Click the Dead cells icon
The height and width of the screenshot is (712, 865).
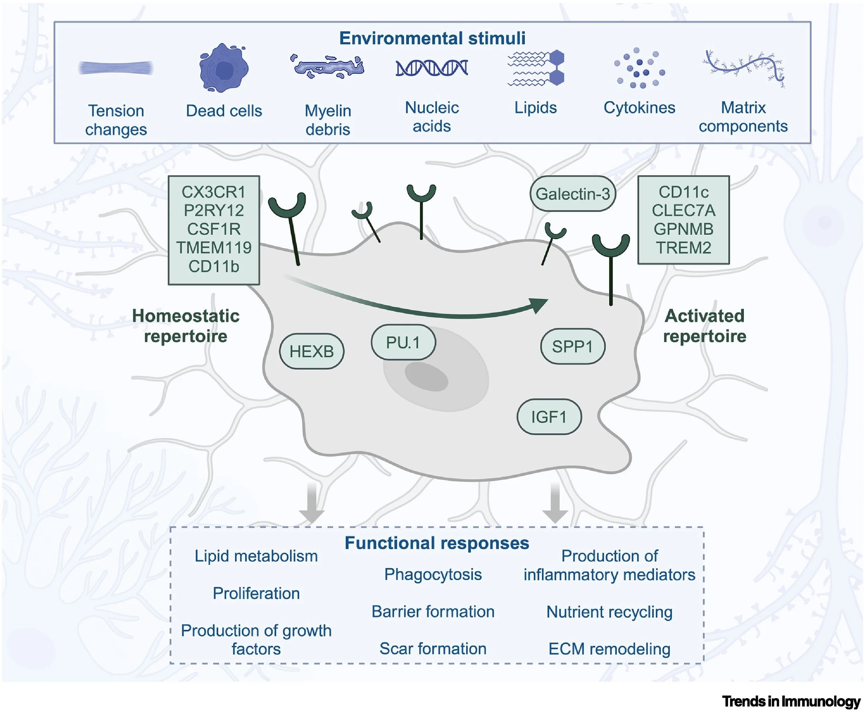pyautogui.click(x=224, y=68)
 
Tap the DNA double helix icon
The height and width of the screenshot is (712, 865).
pyautogui.click(x=432, y=68)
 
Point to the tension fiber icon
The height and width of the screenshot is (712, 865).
pyautogui.click(x=116, y=68)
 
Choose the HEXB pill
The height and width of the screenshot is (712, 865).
pyautogui.click(x=311, y=351)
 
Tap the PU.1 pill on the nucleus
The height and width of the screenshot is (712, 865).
pyautogui.click(x=403, y=342)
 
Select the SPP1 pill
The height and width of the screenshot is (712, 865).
pyautogui.click(x=572, y=347)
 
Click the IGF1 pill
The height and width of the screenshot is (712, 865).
pyautogui.click(x=549, y=417)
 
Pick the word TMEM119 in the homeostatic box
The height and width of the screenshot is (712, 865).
pyautogui.click(x=214, y=248)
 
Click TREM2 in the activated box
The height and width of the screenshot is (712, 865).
pyautogui.click(x=683, y=248)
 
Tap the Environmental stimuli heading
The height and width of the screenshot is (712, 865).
pyautogui.click(x=432, y=38)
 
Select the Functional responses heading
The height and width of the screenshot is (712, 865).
pyautogui.click(x=437, y=543)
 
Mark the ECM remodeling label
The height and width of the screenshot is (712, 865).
pyautogui.click(x=609, y=649)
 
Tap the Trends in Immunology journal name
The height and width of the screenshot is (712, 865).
pyautogui.click(x=791, y=701)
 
